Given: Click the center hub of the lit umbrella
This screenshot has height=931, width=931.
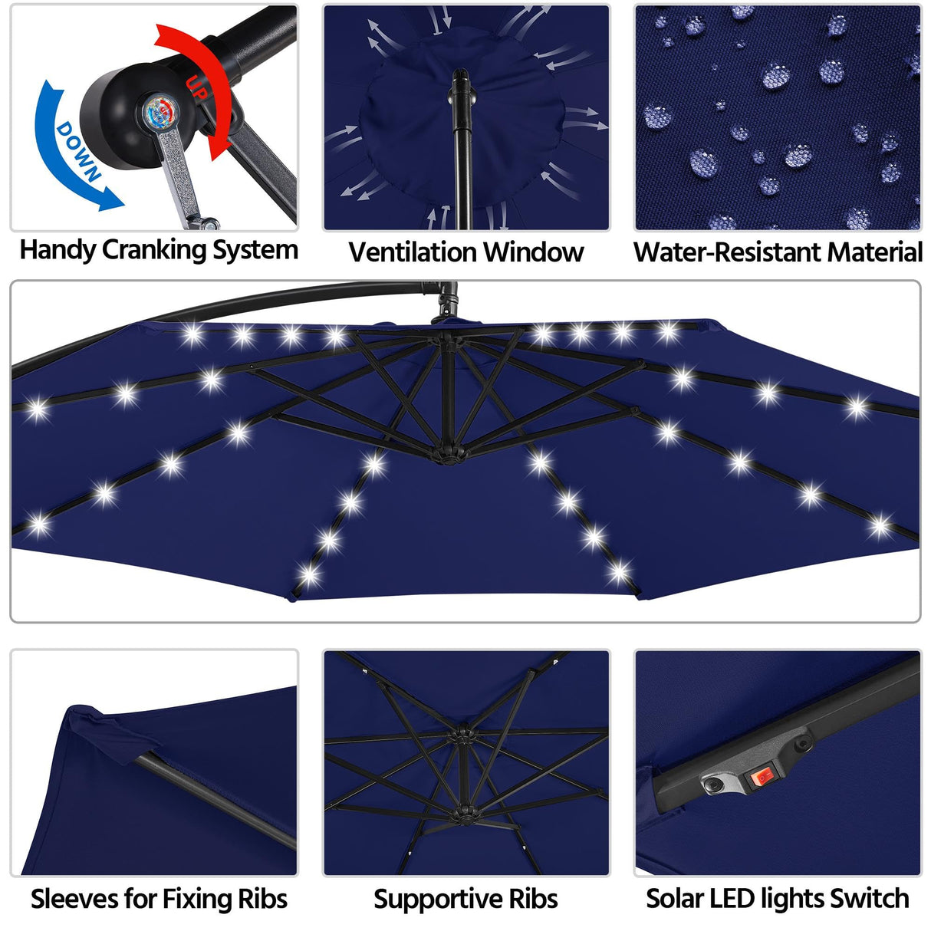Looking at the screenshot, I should [x=448, y=453].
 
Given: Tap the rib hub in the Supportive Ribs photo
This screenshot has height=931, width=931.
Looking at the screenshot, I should [x=463, y=736].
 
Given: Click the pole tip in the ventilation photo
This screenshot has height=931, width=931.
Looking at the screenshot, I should [x=461, y=77].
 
